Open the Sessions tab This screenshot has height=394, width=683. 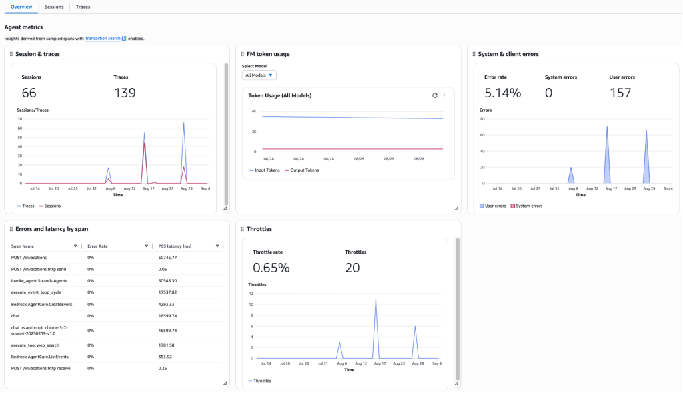[54, 7]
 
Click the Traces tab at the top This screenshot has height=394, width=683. [83, 7]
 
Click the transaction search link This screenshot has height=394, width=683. [103, 39]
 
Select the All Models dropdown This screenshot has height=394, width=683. [259, 75]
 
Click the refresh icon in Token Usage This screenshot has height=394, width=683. [435, 95]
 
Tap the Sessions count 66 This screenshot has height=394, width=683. [29, 93]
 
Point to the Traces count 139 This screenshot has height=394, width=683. [125, 93]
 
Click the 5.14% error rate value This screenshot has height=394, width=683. [502, 93]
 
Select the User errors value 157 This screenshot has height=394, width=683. [620, 93]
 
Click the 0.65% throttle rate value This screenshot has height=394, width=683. [271, 268]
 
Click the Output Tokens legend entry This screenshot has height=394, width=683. [303, 170]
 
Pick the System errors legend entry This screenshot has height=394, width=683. [529, 206]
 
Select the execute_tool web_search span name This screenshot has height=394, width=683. [35, 345]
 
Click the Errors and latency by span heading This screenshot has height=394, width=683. [51, 229]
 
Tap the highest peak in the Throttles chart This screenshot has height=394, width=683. [376, 299]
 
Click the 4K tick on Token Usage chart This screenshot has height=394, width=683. [253, 111]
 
